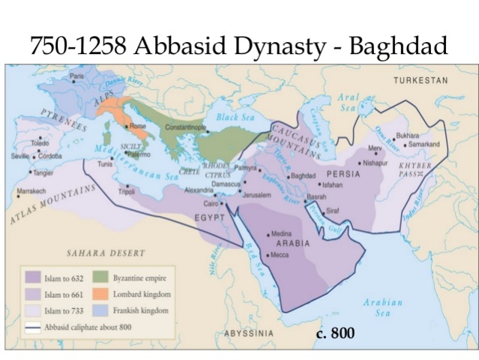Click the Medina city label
pos(282,234)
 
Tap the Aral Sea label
pos(349,103)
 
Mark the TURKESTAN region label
pos(421,80)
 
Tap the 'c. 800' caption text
pos(335,333)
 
